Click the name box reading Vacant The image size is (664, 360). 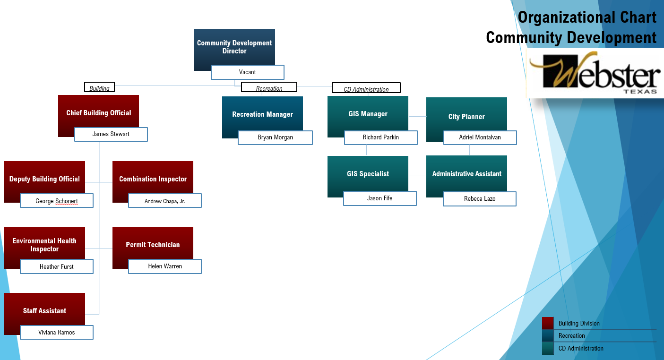(247, 72)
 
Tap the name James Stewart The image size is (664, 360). (111, 134)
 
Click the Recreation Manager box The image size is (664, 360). (262, 114)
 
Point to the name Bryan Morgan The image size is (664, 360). (275, 137)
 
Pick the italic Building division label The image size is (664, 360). (99, 88)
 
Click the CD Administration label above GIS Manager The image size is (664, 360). (366, 88)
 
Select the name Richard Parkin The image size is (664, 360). (380, 137)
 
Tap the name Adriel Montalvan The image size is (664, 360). (480, 137)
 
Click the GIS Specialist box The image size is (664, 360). (368, 173)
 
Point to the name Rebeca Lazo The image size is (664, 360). (479, 199)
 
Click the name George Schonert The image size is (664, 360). (56, 201)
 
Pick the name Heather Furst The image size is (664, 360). (56, 266)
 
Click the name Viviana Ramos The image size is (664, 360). (56, 333)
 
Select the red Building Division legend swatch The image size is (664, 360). (548, 323)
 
